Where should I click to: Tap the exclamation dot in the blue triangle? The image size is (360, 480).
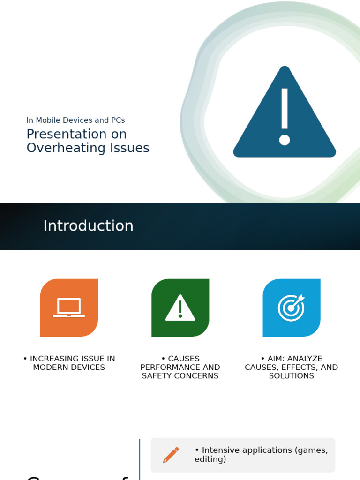(x=285, y=140)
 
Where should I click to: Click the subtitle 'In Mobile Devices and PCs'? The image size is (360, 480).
(x=75, y=120)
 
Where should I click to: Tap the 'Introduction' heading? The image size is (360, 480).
(x=88, y=226)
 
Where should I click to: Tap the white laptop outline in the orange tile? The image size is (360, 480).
(x=69, y=307)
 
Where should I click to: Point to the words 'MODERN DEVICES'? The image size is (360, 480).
(x=69, y=367)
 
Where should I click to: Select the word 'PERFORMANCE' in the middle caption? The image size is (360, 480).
(x=171, y=367)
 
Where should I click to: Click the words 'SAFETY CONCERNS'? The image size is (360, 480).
(x=180, y=376)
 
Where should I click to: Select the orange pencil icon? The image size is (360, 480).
(x=171, y=455)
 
